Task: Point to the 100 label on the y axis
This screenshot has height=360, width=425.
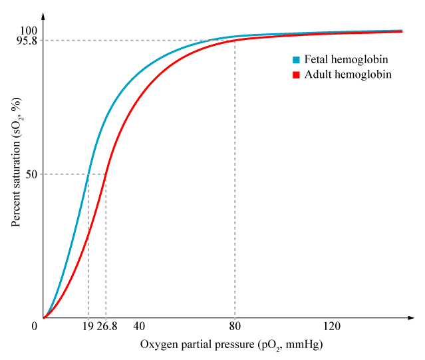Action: (29, 31)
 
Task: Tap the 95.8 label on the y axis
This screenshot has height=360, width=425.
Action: (26, 41)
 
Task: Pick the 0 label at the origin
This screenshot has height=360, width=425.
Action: (34, 326)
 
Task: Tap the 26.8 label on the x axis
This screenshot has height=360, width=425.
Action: (106, 326)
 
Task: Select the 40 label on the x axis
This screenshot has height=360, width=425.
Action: (139, 326)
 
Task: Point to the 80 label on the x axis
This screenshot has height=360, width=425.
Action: (235, 326)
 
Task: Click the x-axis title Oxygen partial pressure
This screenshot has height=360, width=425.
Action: (231, 345)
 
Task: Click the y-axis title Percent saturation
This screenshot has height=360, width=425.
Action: (17, 162)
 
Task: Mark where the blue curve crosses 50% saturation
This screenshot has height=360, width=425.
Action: (88, 174)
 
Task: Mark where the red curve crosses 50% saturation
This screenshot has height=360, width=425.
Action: (106, 174)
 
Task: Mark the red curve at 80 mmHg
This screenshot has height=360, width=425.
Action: (235, 41)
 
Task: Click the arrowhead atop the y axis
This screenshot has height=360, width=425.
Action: (43, 15)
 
